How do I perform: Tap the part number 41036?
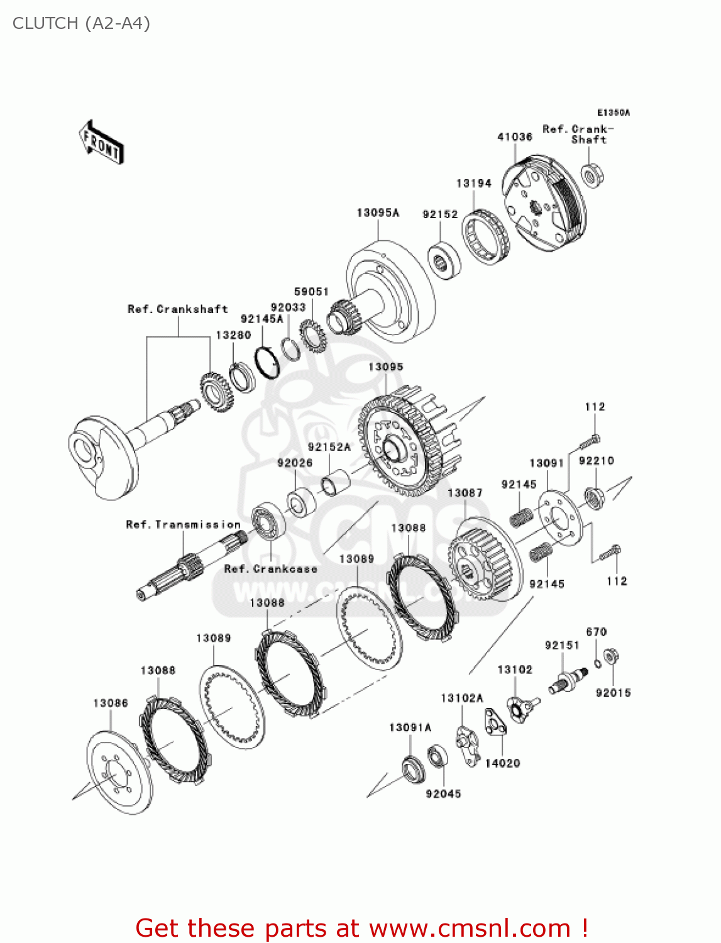pyautogui.click(x=515, y=137)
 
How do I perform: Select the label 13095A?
pyautogui.click(x=378, y=212)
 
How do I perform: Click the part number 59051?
pyautogui.click(x=311, y=292)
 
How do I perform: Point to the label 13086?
pyautogui.click(x=111, y=703)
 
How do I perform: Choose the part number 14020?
pyautogui.click(x=502, y=763)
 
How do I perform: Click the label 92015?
pyautogui.click(x=613, y=693)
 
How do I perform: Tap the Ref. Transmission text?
pyautogui.click(x=183, y=524)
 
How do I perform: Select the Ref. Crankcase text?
pyautogui.click(x=271, y=569)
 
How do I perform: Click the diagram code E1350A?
pyautogui.click(x=613, y=113)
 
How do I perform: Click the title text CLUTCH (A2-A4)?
pyautogui.click(x=81, y=23)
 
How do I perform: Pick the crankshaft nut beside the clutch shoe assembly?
pyautogui.click(x=592, y=175)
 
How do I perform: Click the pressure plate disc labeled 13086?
pyautogui.click(x=119, y=773)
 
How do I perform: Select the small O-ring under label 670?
pyautogui.click(x=598, y=662)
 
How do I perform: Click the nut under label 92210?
pyautogui.click(x=594, y=498)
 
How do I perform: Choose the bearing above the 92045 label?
pyautogui.click(x=438, y=756)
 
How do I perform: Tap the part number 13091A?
pyautogui.click(x=410, y=727)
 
